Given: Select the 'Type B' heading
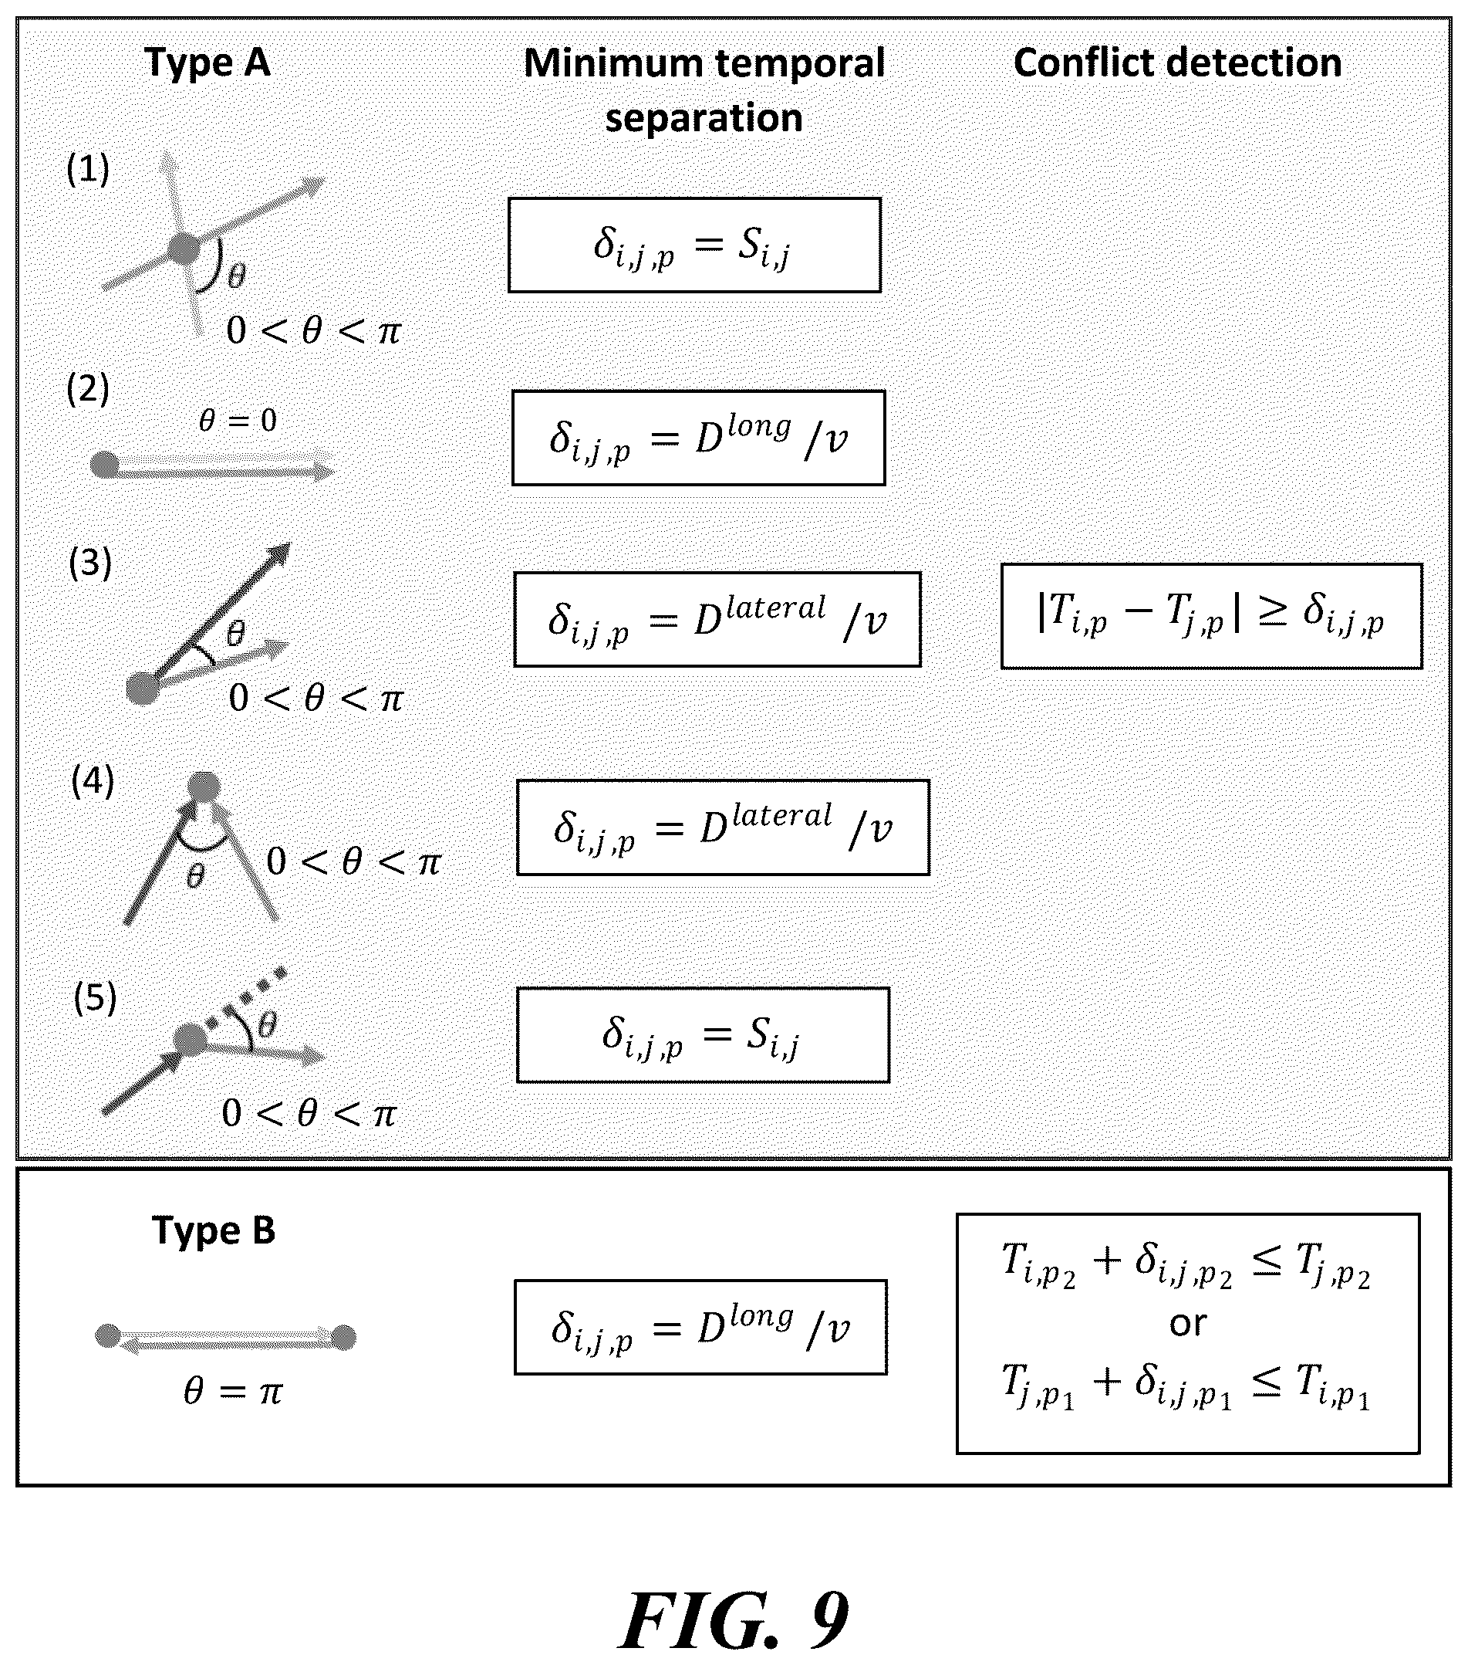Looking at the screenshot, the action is (x=214, y=1231).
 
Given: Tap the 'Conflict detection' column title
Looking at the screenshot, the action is (x=1177, y=63).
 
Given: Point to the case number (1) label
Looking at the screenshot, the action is (x=88, y=169).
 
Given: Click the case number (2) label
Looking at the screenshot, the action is (x=88, y=388).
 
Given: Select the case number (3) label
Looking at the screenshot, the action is (x=90, y=563).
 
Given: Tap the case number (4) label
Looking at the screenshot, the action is (x=93, y=780).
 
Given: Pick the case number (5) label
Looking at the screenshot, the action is (x=95, y=998).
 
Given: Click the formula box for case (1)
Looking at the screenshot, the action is (x=694, y=245).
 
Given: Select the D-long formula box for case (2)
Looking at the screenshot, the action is (x=699, y=438).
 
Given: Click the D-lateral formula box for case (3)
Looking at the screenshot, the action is (x=717, y=620).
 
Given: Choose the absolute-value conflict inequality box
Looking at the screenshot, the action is (x=1212, y=616).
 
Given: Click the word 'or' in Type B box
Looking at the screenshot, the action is (x=1188, y=1323).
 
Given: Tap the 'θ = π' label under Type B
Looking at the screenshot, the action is (x=233, y=1391).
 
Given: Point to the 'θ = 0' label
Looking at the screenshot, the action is (x=238, y=421).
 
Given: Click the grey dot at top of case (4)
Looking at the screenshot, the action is (x=204, y=787).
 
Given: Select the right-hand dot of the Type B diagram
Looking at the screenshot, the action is (x=343, y=1338).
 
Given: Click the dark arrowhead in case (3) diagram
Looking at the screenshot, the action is (x=279, y=555).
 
